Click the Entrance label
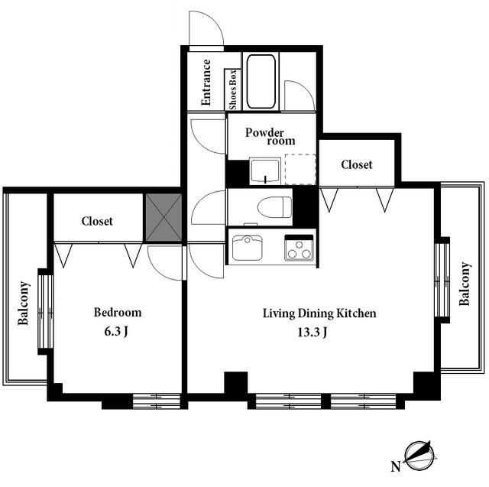[206, 83]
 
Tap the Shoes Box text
[233, 90]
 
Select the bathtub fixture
[261, 82]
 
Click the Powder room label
[270, 136]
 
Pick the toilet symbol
[274, 207]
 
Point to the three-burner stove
[299, 248]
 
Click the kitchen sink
[248, 248]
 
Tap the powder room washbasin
[265, 171]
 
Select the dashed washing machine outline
[300, 169]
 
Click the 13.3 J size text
[313, 333]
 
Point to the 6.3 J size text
[116, 331]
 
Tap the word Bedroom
[118, 312]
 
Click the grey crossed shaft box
[164, 217]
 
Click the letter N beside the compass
[396, 466]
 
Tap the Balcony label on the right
[465, 284]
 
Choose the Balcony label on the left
[24, 304]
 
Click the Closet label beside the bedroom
[97, 221]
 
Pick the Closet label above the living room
[357, 164]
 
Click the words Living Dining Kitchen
[319, 313]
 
